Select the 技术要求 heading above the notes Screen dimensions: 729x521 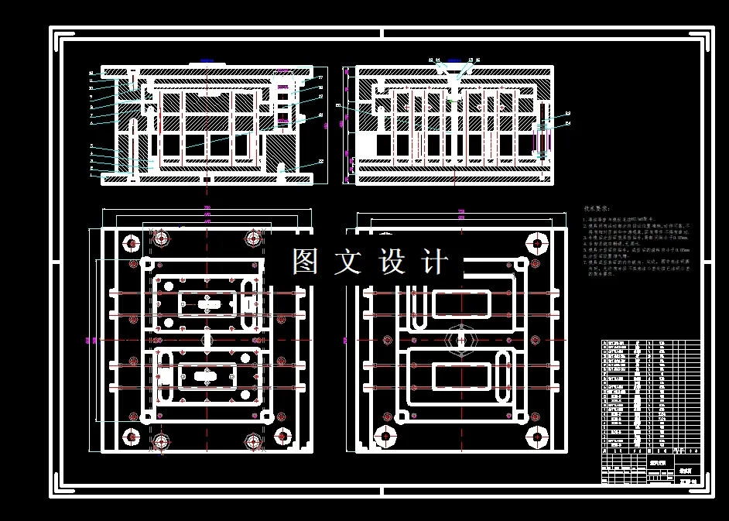(596, 209)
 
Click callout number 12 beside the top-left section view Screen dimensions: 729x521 (91, 73)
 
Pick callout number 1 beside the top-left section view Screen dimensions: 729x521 (91, 176)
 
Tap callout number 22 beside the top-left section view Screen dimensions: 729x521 (320, 162)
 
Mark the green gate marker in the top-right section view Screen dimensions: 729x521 (453, 99)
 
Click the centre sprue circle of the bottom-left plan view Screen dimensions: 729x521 (207, 339)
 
